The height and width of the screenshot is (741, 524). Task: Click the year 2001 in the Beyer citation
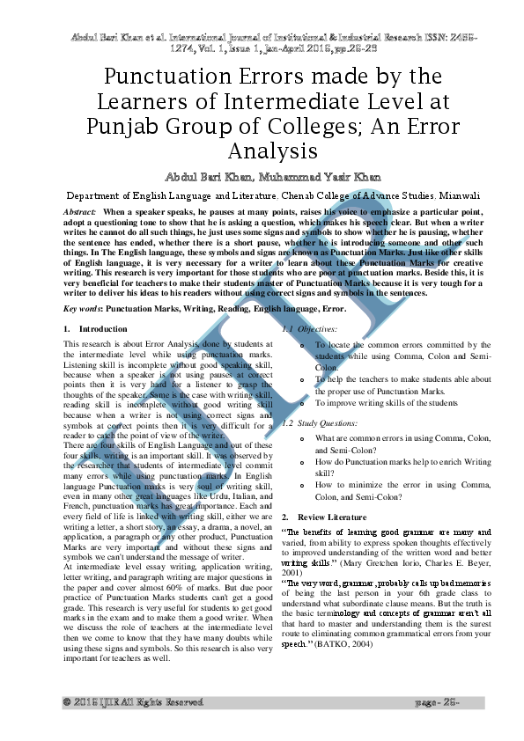[292, 573]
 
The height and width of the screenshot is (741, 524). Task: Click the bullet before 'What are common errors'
[303, 437]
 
